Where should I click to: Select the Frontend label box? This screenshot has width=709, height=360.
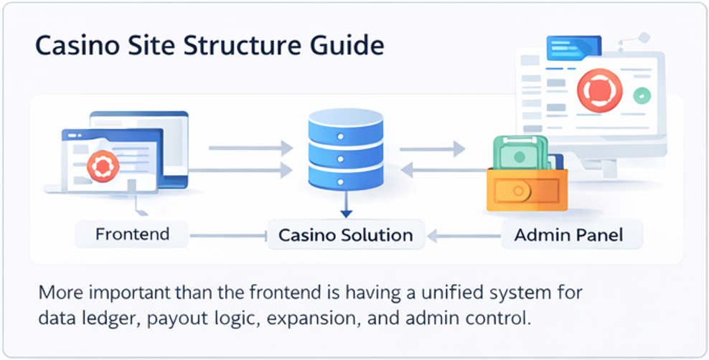(x=132, y=234)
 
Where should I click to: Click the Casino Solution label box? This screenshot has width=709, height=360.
(x=345, y=235)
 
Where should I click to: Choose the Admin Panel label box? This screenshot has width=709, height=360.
(x=568, y=235)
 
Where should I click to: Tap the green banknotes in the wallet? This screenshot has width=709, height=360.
(x=522, y=153)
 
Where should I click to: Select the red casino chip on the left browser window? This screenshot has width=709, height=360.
(x=102, y=166)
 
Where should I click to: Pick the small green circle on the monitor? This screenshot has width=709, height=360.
(x=642, y=95)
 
